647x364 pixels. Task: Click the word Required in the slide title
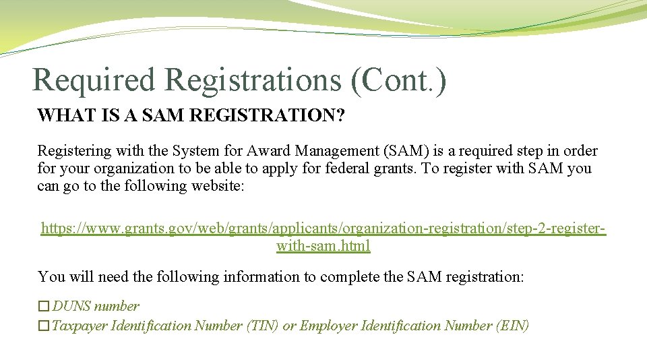click(93, 80)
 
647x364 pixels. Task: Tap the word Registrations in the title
click(253, 80)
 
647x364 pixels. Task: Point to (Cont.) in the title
click(398, 80)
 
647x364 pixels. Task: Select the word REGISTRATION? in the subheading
click(268, 115)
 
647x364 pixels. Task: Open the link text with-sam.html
click(323, 246)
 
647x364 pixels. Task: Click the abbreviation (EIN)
click(512, 326)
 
